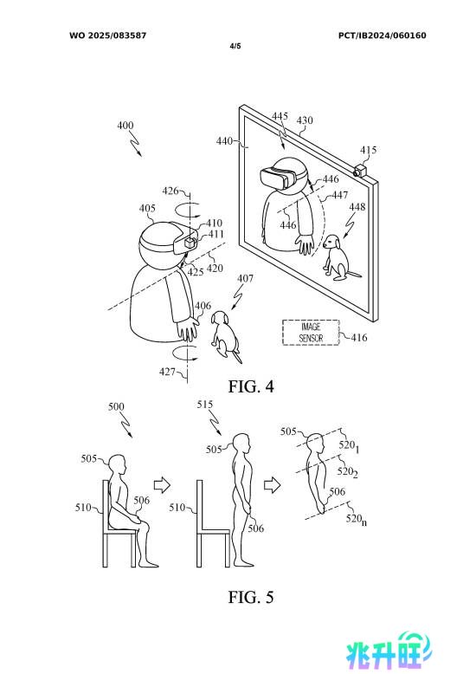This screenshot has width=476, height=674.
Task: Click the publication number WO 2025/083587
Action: click(x=108, y=36)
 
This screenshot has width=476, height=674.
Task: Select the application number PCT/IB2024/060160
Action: click(x=382, y=36)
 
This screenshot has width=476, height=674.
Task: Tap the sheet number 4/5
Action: click(x=235, y=46)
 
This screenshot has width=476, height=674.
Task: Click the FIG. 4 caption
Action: click(x=251, y=386)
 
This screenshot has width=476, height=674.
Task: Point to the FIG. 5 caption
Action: click(x=251, y=597)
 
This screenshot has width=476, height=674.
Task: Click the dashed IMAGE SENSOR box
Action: click(x=311, y=333)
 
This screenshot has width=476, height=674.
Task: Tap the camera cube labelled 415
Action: click(x=360, y=170)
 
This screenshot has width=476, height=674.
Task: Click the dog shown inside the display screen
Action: click(x=339, y=257)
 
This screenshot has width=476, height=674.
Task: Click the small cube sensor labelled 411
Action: click(x=190, y=243)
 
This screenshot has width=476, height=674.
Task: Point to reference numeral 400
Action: click(x=125, y=126)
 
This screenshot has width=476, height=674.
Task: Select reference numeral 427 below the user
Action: click(x=167, y=372)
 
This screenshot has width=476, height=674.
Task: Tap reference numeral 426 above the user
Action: click(x=170, y=191)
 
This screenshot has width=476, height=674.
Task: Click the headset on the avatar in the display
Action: click(x=278, y=177)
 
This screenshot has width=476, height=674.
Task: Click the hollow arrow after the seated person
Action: click(x=162, y=485)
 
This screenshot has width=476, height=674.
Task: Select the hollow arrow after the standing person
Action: click(x=273, y=485)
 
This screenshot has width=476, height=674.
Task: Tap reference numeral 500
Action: click(x=116, y=406)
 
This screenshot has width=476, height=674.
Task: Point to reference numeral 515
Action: click(x=205, y=405)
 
